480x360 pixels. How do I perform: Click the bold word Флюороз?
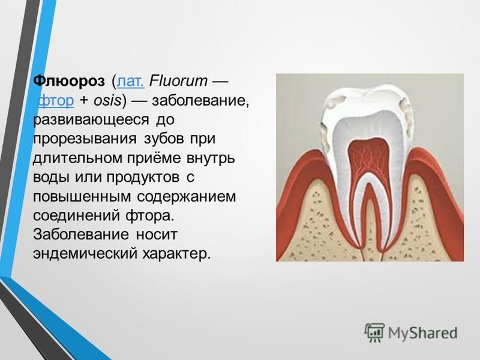coord(69,81)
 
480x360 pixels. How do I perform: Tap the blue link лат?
coord(131,81)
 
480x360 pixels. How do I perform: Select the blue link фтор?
coord(56,101)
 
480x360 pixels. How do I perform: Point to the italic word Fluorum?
coord(178,81)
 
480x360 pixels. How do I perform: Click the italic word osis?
coord(107,101)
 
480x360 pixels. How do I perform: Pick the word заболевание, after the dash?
coord(201,101)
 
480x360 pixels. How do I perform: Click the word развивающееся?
coord(91,119)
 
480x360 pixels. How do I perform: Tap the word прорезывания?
coord(85,139)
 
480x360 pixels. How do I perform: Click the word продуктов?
coord(143,178)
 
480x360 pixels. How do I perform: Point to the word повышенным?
coord(82,197)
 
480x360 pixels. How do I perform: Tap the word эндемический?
coord(85,254)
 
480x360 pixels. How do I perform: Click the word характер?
coord(176,254)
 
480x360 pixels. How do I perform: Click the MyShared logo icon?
coord(374,332)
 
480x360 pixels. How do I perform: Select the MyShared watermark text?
coord(423,332)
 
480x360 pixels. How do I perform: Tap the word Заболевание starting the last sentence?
coord(81,235)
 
